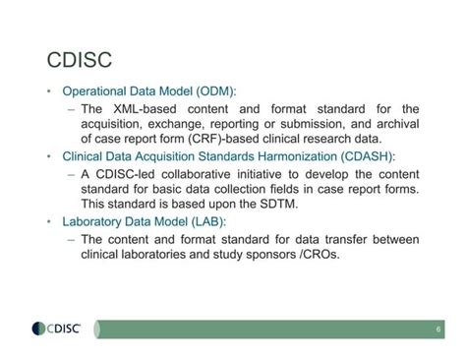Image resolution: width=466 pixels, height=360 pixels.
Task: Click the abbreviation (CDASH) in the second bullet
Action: (366, 157)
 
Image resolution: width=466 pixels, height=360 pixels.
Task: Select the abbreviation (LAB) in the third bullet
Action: (221, 222)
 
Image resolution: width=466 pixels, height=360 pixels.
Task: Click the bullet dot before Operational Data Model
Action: (48, 91)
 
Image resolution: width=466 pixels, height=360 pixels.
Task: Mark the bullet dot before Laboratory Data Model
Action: (48, 222)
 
